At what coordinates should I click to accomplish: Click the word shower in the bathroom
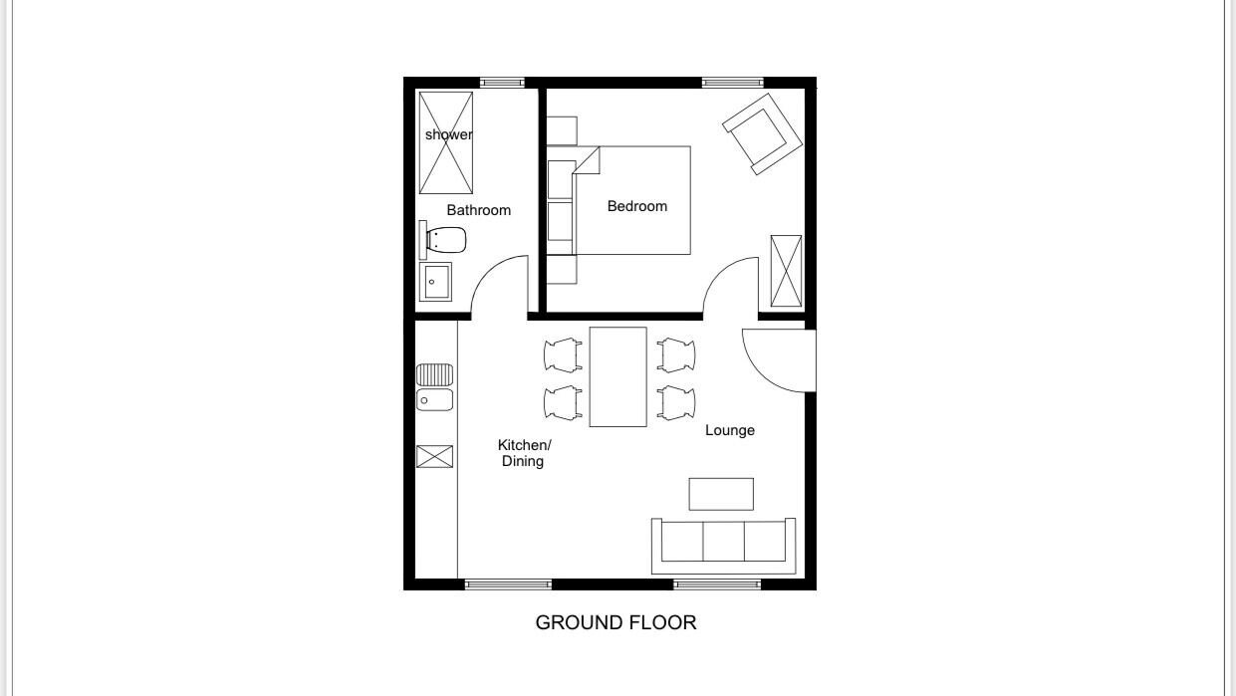pyautogui.click(x=448, y=134)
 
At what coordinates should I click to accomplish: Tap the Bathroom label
pyautogui.click(x=478, y=210)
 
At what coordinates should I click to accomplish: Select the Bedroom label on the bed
pyautogui.click(x=637, y=206)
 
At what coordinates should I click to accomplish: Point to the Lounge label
pyautogui.click(x=729, y=430)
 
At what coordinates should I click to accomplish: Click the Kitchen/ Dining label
pyautogui.click(x=524, y=453)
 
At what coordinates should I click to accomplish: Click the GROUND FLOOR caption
pyautogui.click(x=616, y=622)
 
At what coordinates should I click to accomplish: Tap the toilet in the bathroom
pyautogui.click(x=442, y=240)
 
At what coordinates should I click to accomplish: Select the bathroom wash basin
pyautogui.click(x=435, y=282)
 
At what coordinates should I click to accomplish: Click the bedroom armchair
pyautogui.click(x=762, y=134)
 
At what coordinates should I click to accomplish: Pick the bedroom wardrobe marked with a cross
pyautogui.click(x=786, y=271)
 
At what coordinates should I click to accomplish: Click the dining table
pyautogui.click(x=618, y=376)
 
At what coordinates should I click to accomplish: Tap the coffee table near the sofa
pyautogui.click(x=721, y=494)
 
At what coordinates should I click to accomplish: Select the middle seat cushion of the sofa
pyautogui.click(x=724, y=541)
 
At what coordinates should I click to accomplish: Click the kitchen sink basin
pyautogui.click(x=435, y=400)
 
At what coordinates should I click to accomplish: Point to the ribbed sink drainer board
pyautogui.click(x=435, y=375)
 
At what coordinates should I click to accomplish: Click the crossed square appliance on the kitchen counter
pyautogui.click(x=435, y=457)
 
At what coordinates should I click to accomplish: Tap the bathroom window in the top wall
pyautogui.click(x=502, y=83)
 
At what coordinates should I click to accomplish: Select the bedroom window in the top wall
pyautogui.click(x=733, y=83)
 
